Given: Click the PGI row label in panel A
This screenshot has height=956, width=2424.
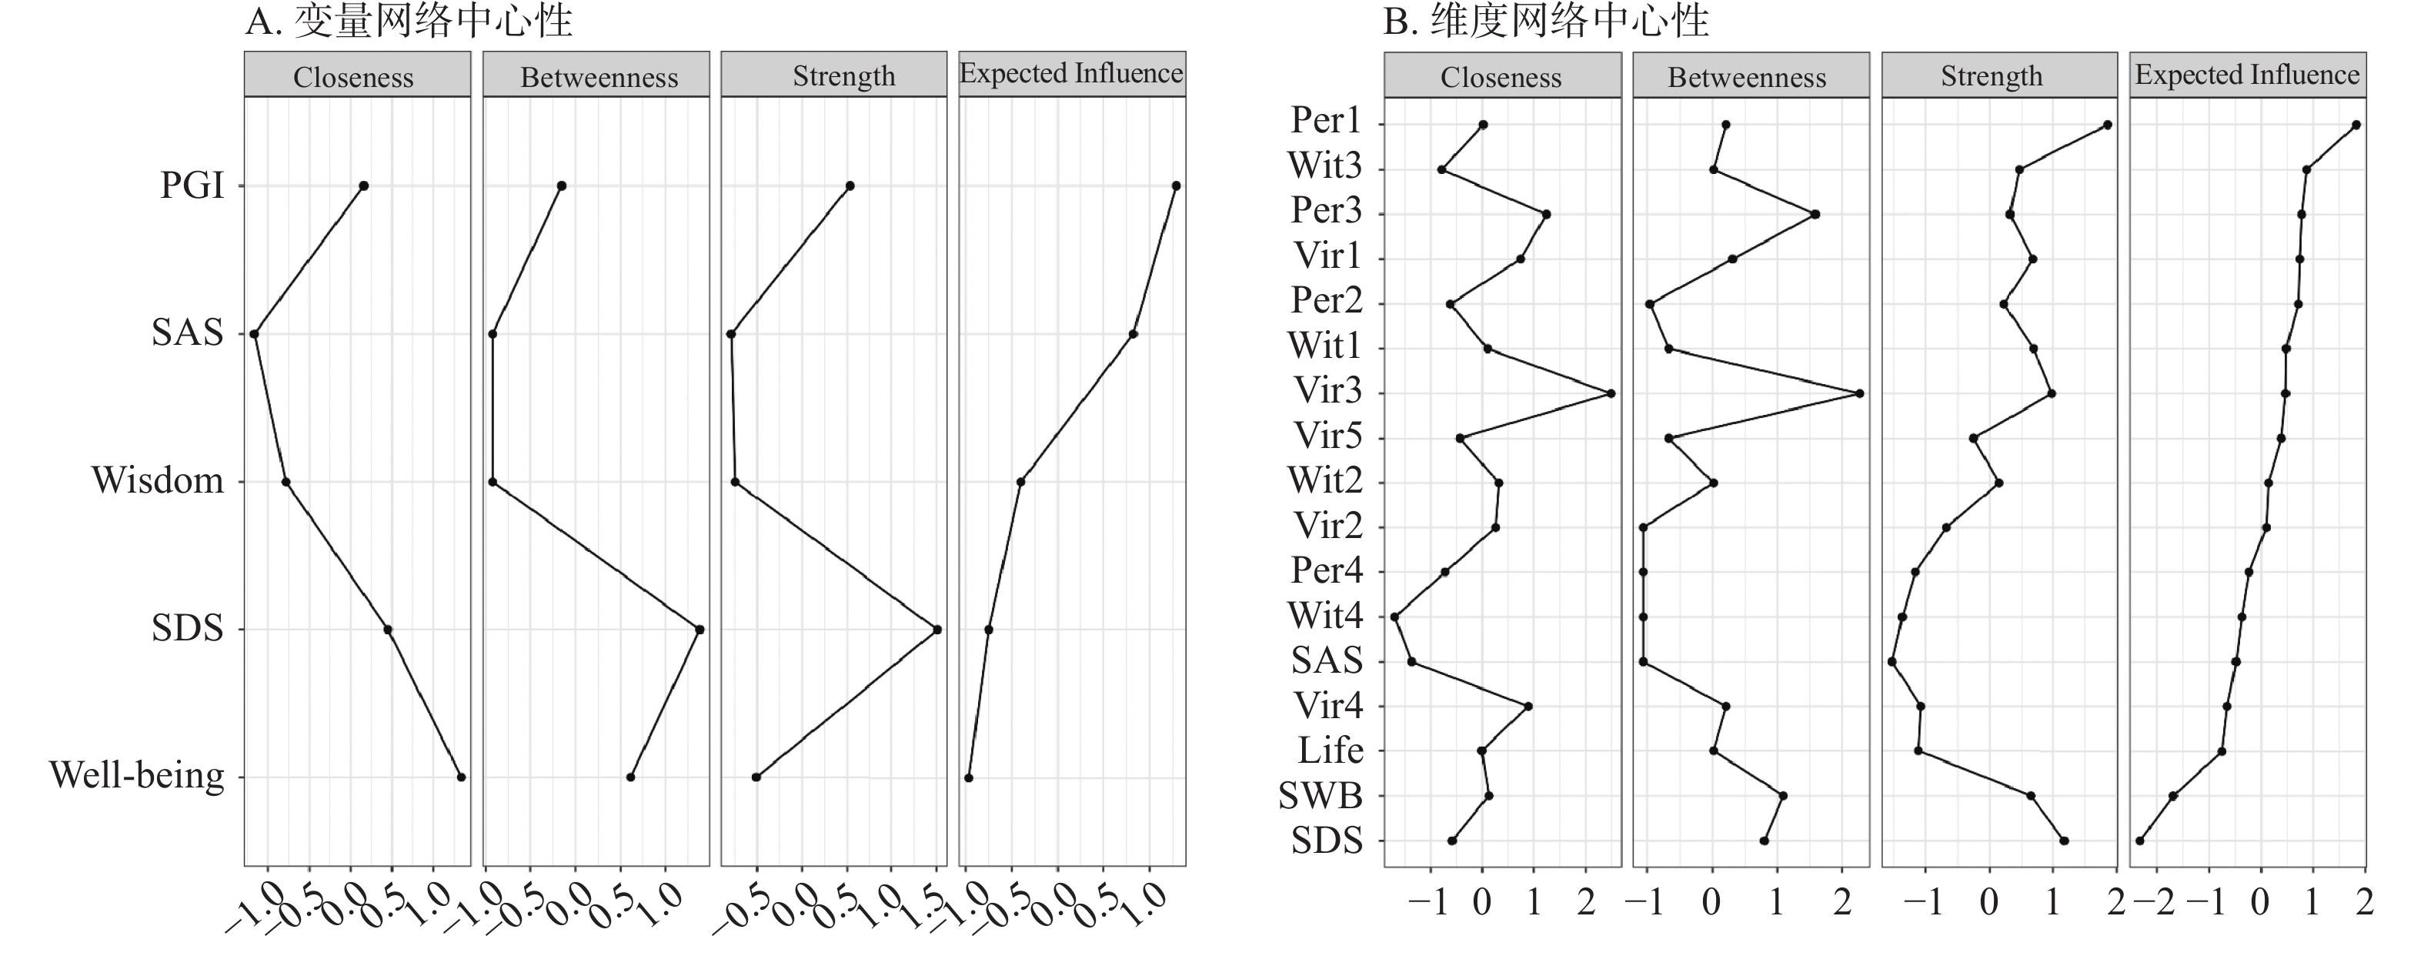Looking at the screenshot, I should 192,186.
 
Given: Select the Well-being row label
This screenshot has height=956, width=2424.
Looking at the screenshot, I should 138,777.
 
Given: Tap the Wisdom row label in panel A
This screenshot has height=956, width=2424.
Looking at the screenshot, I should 158,481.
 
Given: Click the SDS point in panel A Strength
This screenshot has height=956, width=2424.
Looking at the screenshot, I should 937,630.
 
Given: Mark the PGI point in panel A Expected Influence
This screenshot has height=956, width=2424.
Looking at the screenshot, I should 1177,186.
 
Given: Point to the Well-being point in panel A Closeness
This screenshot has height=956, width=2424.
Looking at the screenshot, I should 461,777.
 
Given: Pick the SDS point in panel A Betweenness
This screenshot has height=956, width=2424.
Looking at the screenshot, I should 699,630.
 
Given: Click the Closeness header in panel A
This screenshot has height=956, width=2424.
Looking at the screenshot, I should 354,77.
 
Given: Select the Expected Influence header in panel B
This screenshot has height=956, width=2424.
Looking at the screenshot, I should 2247,75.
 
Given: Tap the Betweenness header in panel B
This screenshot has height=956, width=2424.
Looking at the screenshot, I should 1747,77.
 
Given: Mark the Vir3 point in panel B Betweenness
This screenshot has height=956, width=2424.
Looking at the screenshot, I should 1859,393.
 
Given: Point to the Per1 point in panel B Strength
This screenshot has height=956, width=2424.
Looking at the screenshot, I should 2108,125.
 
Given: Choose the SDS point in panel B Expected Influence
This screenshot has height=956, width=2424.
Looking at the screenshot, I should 2140,841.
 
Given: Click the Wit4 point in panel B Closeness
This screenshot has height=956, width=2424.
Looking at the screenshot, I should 1394,617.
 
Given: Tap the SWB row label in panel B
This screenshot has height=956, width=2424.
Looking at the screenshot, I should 1321,796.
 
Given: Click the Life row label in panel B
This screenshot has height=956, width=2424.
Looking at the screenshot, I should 1331,751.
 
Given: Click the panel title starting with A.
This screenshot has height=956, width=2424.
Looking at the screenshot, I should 409,21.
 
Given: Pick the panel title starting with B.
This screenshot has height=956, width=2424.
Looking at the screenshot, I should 1545,21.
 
